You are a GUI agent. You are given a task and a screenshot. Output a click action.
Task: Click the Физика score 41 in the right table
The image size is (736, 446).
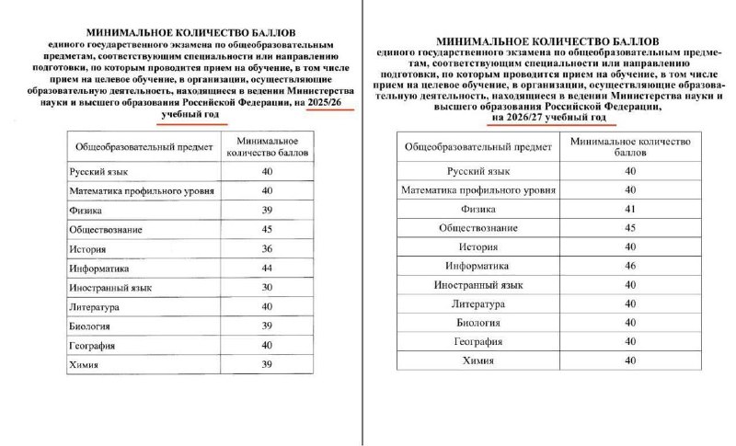[629, 209]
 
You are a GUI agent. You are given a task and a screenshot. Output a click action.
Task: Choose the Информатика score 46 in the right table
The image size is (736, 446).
[629, 266]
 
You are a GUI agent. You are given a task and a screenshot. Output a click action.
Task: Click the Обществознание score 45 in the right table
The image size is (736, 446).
[629, 228]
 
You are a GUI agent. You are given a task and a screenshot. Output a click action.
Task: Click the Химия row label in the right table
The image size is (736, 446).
[478, 360]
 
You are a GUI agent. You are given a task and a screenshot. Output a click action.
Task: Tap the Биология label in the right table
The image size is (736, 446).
[478, 323]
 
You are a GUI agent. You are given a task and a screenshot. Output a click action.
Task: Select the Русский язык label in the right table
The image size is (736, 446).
[478, 171]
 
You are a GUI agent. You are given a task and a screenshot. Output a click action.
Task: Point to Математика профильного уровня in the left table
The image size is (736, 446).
[142, 190]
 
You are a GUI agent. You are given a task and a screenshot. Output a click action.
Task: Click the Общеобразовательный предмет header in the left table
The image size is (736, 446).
[142, 146]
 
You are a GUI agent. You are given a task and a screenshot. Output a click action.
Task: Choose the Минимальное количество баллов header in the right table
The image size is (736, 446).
[629, 147]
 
